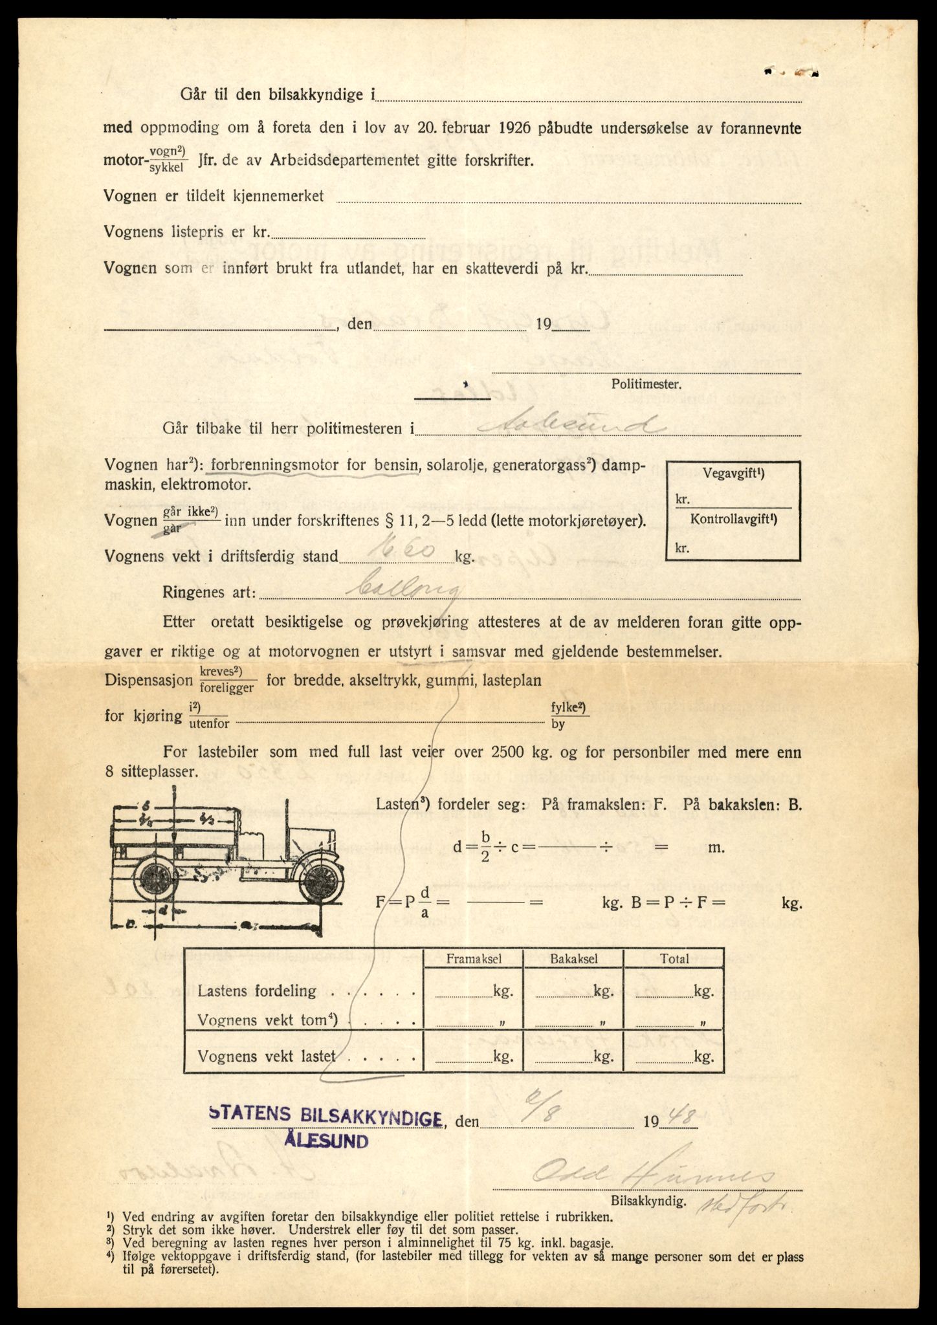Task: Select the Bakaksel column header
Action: (x=573, y=959)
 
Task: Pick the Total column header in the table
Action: (x=674, y=959)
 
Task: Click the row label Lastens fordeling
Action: (x=257, y=991)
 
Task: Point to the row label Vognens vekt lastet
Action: (x=267, y=1057)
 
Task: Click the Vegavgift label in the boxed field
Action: (x=733, y=474)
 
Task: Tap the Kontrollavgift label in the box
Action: (x=733, y=520)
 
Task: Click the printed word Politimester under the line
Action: (x=646, y=384)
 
